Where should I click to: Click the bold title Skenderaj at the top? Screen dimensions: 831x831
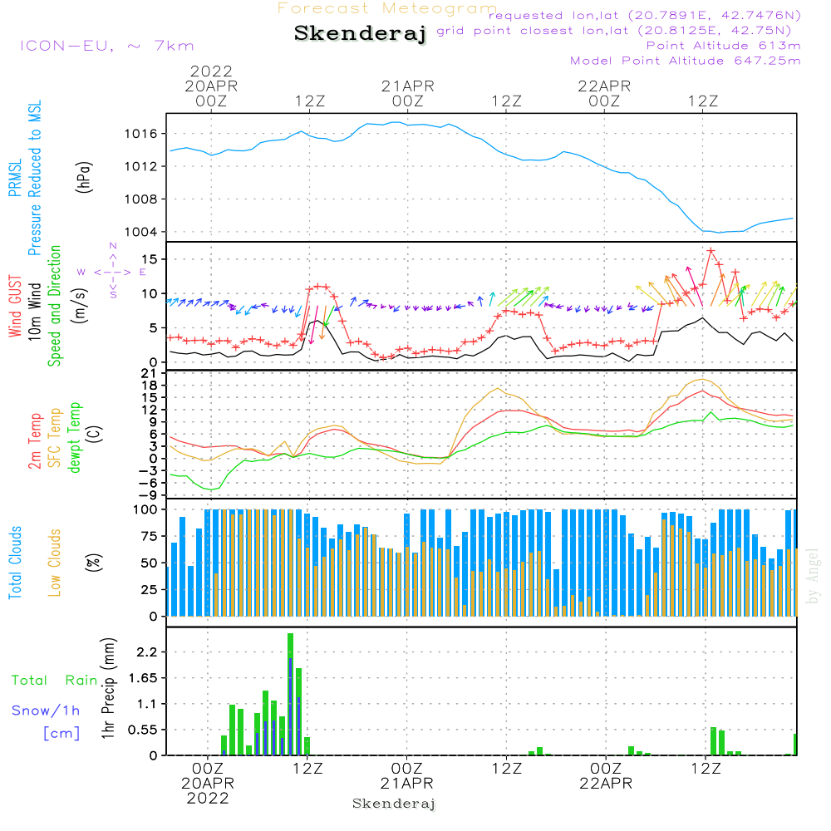pos(360,34)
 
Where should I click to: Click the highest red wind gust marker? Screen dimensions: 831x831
pos(711,250)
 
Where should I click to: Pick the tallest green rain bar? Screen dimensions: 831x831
pos(290,694)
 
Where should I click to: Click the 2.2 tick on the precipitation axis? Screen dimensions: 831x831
pos(146,652)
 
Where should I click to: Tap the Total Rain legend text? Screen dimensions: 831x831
pos(54,680)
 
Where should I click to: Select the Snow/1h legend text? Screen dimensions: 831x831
pos(46,711)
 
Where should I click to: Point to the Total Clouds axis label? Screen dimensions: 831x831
pos(15,563)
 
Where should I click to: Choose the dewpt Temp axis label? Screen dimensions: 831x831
pos(75,438)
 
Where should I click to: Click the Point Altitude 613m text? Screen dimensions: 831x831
pos(723,46)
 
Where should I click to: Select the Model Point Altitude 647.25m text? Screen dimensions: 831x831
pos(686,61)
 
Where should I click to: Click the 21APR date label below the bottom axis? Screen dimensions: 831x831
pos(407,783)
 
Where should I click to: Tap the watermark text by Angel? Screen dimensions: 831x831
pos(814,576)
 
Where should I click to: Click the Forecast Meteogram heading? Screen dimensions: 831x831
pos(388,9)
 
